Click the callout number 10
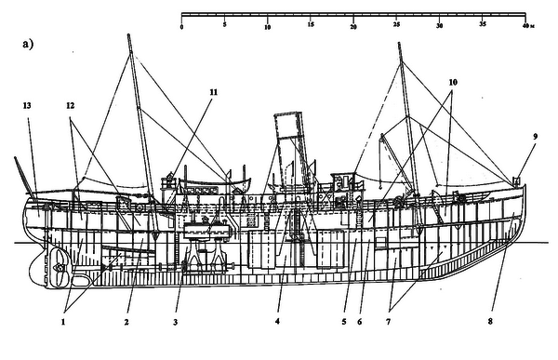pyautogui.click(x=452, y=82)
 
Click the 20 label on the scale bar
pyautogui.click(x=353, y=27)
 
